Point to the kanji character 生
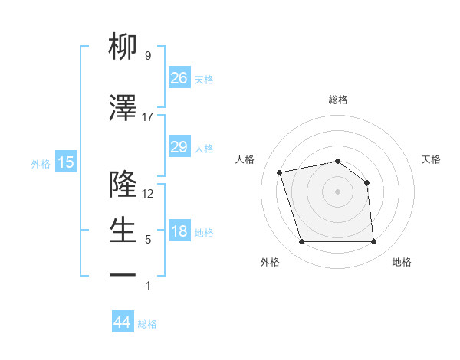(123, 230)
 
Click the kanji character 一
(123, 274)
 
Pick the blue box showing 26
(179, 78)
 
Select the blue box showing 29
(179, 147)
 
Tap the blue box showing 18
(179, 232)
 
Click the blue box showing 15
(65, 162)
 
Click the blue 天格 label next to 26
(204, 79)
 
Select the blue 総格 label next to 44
(147, 324)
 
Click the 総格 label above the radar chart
(337, 100)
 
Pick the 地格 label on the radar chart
(402, 263)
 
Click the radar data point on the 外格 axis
(301, 242)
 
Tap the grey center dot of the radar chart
(337, 191)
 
